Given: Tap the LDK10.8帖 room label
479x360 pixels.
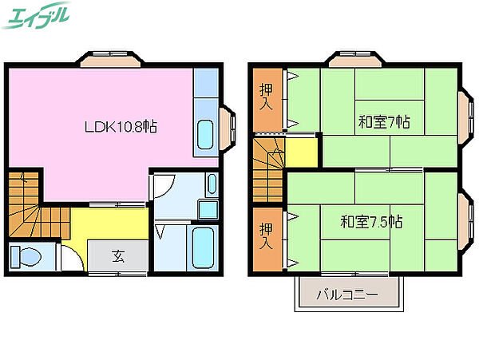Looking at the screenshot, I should pyautogui.click(x=121, y=126).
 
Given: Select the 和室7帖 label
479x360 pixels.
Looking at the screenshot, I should pyautogui.click(x=384, y=122).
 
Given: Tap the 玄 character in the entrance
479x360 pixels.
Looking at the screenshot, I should pyautogui.click(x=118, y=257).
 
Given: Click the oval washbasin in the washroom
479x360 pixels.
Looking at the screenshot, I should pyautogui.click(x=212, y=185).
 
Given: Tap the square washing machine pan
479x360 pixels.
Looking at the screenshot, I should pyautogui.click(x=208, y=210).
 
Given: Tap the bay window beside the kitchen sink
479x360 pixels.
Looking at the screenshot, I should pyautogui.click(x=228, y=129).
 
